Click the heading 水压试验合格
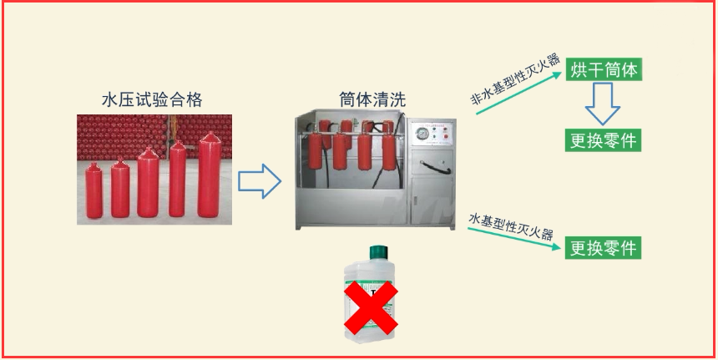[x=152, y=99]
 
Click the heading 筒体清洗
[x=372, y=99]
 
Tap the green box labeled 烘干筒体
[x=604, y=69]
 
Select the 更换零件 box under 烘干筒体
[x=604, y=140]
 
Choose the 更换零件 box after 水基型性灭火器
[x=603, y=248]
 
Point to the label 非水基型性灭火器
[x=516, y=79]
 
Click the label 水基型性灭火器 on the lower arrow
[x=511, y=226]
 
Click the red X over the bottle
[x=371, y=307]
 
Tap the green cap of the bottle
[x=378, y=252]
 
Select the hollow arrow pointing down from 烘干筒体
[x=603, y=104]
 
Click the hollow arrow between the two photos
[x=259, y=181]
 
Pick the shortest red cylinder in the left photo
[x=94, y=190]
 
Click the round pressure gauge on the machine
[x=422, y=134]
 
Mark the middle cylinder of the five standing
[x=148, y=182]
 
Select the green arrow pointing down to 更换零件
[x=513, y=238]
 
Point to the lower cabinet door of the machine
[x=432, y=200]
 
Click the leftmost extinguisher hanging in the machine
[x=315, y=150]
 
